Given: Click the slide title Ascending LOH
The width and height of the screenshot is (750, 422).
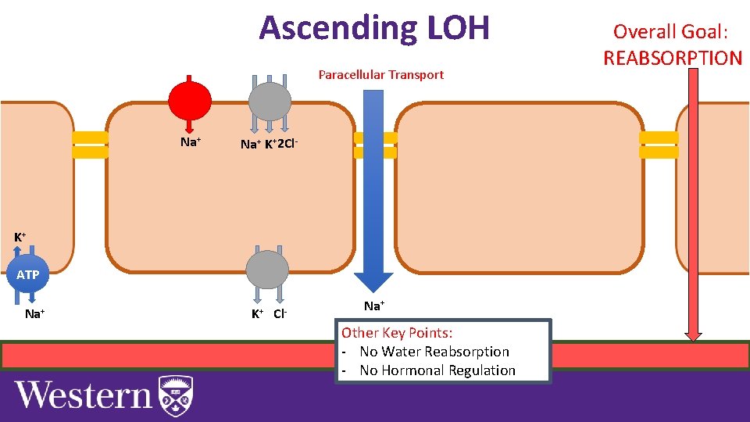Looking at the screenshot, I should pos(374,28).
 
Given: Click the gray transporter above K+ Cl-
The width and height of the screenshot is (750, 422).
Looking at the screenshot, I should pos(268,270).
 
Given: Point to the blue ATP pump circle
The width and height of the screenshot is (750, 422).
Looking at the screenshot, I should pos(27,274).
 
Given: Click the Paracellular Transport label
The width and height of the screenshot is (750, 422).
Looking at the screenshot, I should pos(380,75).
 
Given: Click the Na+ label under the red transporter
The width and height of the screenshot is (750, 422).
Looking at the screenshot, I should pos(191,142).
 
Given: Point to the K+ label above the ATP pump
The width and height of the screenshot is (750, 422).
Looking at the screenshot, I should pos(20,237).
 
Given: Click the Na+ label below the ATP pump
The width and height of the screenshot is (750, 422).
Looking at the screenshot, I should pos(34,314).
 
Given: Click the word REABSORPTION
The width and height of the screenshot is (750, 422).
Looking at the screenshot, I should pos(672,58).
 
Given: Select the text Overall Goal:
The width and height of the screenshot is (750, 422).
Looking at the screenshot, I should pos(670,32).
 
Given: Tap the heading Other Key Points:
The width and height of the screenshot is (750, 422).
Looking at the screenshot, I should pos(396,333).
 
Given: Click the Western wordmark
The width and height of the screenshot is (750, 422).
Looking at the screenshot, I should pos(84,395).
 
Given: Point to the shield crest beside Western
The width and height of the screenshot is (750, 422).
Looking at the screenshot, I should pos(175,395).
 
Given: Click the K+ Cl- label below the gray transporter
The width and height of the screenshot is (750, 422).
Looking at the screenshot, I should pos(270,314).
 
